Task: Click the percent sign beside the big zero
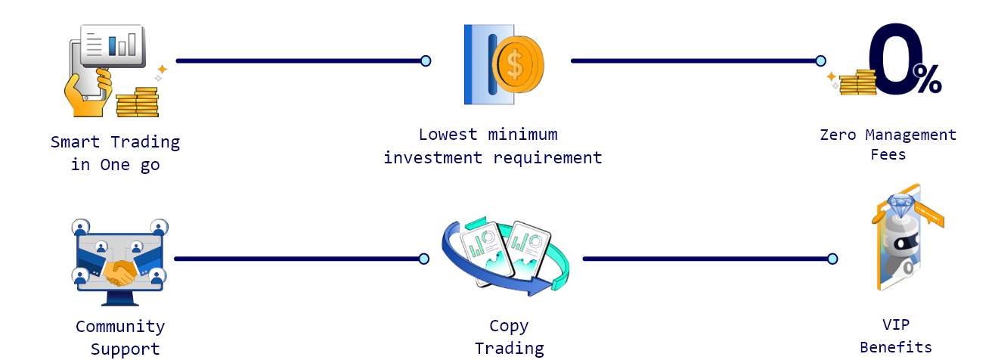pyautogui.click(x=929, y=79)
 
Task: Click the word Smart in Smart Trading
pyautogui.click(x=76, y=141)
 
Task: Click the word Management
pyautogui.click(x=911, y=135)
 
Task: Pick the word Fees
pyautogui.click(x=888, y=154)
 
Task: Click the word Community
pyautogui.click(x=119, y=327)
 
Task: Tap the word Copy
pyautogui.click(x=509, y=326)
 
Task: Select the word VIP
pyautogui.click(x=896, y=324)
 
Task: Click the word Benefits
pyautogui.click(x=895, y=347)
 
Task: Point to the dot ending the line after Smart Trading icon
pyautogui.click(x=426, y=61)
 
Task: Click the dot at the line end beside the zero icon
pyautogui.click(x=820, y=61)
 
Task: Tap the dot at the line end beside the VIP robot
pyautogui.click(x=832, y=259)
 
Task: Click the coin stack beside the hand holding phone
pyautogui.click(x=137, y=102)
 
